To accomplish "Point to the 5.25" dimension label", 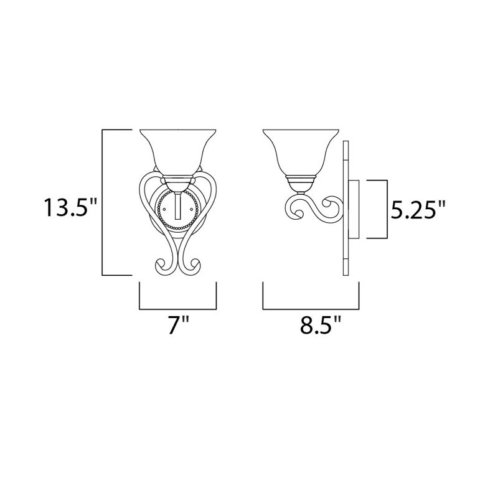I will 419,210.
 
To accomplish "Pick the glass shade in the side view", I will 301,151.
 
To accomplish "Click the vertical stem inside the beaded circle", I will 179,206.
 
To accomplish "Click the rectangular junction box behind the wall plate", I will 355,210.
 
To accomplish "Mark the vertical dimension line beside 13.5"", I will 102,202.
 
